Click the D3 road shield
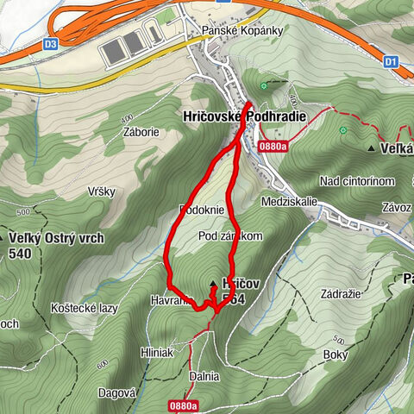coord(51,42)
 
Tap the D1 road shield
coord(391,61)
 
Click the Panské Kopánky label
coord(231,30)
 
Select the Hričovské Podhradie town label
coord(204,116)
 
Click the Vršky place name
coord(102,191)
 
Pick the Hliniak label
coord(157,352)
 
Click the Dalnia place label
coord(203,376)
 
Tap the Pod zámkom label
coord(229,235)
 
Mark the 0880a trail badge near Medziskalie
coord(272,147)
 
